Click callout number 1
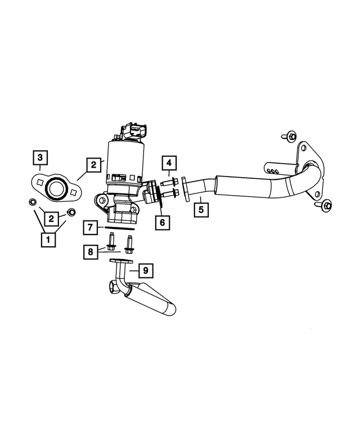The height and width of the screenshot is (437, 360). pos(48,240)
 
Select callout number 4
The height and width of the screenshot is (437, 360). pos(170,164)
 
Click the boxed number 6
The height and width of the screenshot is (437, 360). pos(162,222)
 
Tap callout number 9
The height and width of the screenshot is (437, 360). pos(145,271)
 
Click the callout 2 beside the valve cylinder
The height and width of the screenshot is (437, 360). pos(93,165)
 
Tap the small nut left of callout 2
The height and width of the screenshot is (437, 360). pos(33,202)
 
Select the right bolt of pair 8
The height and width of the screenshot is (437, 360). pos(130,244)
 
